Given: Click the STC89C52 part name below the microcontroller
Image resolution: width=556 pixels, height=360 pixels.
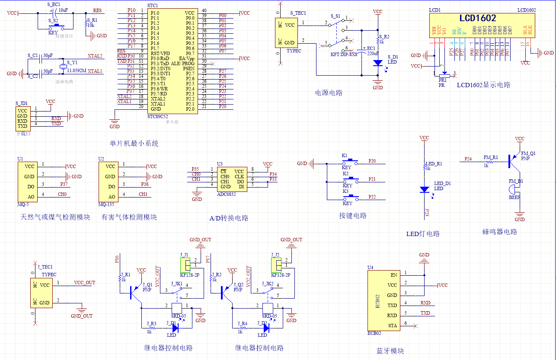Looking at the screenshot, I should point(158,116).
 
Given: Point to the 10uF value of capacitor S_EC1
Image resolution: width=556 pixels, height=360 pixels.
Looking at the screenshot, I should point(63,10).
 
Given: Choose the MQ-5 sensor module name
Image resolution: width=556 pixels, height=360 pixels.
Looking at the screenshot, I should point(23,204).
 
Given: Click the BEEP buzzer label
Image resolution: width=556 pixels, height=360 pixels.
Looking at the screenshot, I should point(514,198).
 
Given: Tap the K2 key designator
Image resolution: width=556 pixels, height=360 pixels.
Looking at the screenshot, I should point(345,173).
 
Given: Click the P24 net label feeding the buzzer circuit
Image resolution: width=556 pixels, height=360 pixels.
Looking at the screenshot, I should point(468,159).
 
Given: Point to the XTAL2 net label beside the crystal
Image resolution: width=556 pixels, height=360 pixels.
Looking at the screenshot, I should point(95,56).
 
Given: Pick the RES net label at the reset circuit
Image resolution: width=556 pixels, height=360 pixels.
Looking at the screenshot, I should point(97,10).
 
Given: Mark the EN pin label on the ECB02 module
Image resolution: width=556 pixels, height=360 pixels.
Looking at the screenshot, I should point(393,275).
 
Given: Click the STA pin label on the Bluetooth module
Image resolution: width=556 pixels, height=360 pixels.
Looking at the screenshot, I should point(393,325).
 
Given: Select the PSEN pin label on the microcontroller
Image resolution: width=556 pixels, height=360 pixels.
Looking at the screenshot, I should point(189,68).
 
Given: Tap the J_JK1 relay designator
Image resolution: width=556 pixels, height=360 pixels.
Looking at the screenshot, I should point(176,284).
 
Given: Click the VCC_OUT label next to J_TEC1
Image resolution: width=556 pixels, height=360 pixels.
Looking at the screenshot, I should point(84,283).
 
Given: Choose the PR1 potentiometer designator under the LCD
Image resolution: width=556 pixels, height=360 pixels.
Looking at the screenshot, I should point(442,80).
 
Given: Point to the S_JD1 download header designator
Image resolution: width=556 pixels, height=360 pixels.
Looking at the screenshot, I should point(22,103).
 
